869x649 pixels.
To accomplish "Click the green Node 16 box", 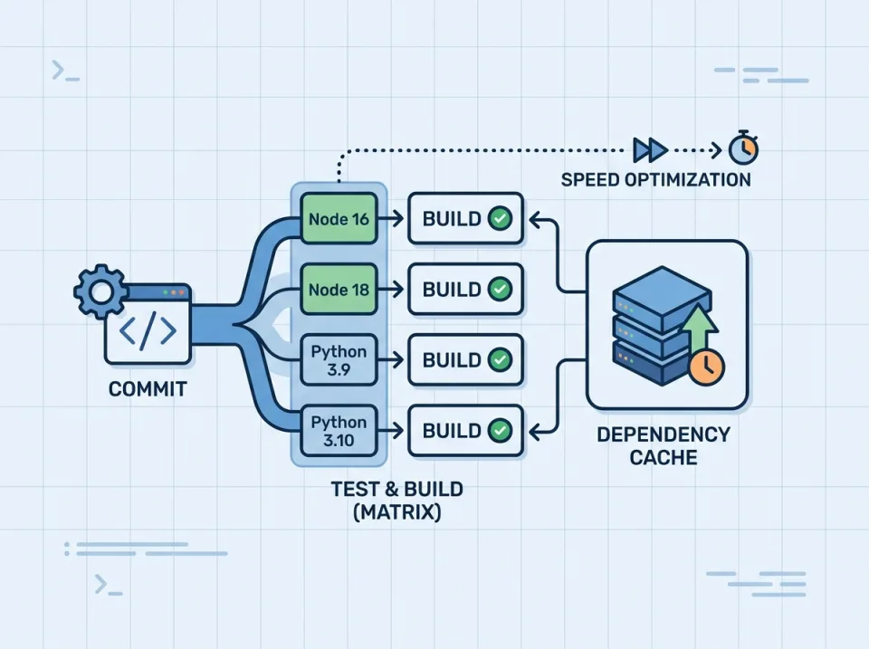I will pos(339,219).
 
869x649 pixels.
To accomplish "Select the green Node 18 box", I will pos(339,290).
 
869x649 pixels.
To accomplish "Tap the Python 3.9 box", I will pos(339,359).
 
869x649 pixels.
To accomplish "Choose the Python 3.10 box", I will pos(339,430).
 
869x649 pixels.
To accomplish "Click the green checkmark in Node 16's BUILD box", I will pos(499,219).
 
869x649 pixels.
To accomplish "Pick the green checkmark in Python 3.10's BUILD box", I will pos(499,430).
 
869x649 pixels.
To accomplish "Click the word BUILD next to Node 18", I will pos(451,290).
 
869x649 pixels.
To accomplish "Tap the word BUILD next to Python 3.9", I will pos(451,359).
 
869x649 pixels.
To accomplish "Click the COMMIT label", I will pos(148,390).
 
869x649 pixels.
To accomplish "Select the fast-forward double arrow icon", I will pos(650,148).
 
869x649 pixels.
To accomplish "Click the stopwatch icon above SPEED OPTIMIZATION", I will pos(744,148).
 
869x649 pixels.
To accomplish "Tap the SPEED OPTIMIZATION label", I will pos(655,179).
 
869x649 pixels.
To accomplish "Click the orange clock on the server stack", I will pos(705,367).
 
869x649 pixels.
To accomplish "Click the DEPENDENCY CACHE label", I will pos(664,445).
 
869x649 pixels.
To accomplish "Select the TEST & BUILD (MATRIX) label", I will pos(396,501).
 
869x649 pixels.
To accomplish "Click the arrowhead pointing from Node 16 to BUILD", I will pos(397,219).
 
